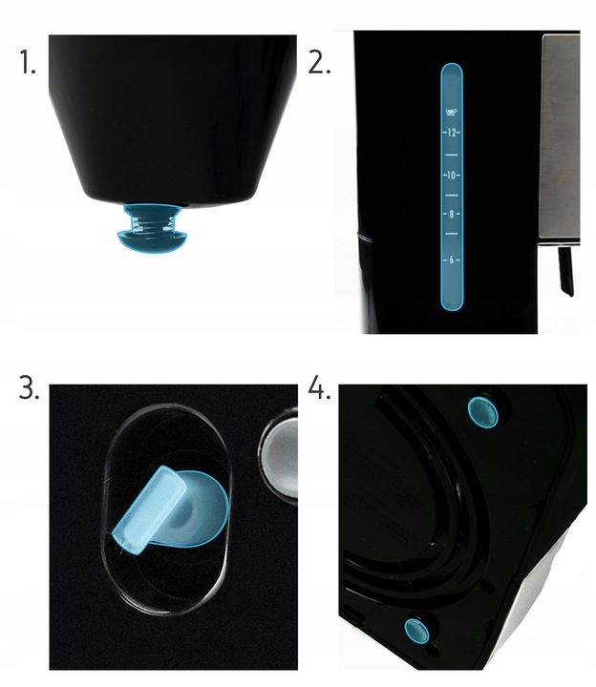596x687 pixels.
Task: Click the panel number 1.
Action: click(27, 64)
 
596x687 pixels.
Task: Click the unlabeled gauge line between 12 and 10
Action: click(452, 153)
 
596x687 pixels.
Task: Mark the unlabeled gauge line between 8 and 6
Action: click(452, 237)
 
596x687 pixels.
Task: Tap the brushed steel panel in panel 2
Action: click(560, 134)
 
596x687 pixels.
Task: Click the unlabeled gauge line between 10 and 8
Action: click(452, 195)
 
